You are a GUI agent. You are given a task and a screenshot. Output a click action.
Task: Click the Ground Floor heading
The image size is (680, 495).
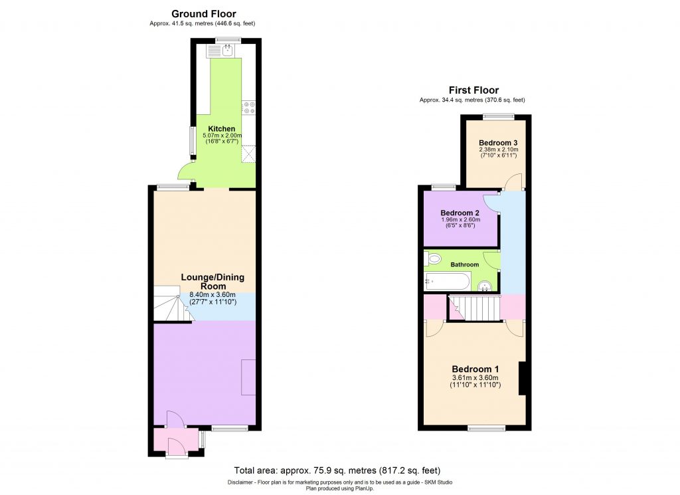(203, 14)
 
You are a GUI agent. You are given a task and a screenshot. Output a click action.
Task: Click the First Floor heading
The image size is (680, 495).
(473, 90)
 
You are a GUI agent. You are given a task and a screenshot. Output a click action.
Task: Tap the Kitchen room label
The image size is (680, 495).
(221, 128)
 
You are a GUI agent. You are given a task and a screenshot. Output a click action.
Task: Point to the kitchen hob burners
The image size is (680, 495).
(249, 108)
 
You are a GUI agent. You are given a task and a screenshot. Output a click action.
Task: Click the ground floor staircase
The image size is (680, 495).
(171, 305)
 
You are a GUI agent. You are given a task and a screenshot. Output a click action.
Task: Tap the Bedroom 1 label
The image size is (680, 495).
(475, 369)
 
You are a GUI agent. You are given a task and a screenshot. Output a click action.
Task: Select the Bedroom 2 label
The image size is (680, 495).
(460, 213)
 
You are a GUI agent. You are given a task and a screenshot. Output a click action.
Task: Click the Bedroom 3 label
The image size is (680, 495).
(497, 143)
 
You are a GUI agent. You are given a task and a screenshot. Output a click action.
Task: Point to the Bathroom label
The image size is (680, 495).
(465, 264)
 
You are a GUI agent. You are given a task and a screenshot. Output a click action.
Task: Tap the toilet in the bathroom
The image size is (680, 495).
(434, 258)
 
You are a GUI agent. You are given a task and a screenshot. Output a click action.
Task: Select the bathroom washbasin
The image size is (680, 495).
(485, 286)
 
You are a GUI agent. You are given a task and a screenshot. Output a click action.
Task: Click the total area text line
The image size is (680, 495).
(338, 470)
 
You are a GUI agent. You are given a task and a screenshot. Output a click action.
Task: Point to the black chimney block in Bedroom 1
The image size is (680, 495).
(523, 377)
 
